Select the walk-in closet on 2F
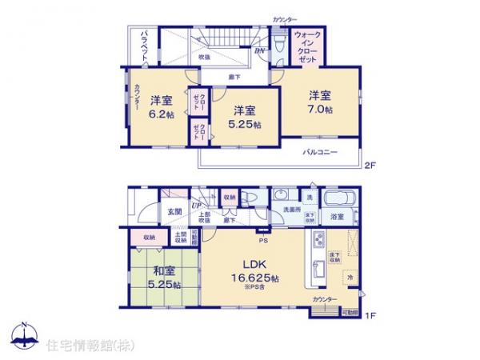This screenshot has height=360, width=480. coord(307,48)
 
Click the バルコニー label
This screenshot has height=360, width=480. coord(319,152)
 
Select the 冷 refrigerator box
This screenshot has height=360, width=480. coord(349,277)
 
